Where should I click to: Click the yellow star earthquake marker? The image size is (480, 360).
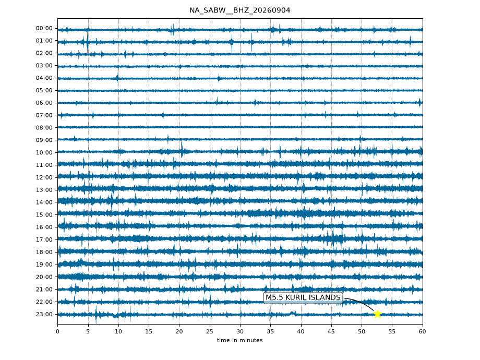click(377, 314)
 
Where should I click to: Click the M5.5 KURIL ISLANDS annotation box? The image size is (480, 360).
click(303, 297)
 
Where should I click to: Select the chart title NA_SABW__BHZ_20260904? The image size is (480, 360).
click(239, 10)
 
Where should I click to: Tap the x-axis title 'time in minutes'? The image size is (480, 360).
click(239, 340)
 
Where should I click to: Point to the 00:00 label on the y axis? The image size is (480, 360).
click(44, 28)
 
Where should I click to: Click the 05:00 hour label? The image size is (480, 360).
click(44, 90)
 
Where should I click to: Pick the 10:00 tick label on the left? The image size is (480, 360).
click(44, 152)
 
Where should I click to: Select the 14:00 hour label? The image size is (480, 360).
click(44, 202)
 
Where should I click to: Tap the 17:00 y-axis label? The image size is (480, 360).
click(44, 239)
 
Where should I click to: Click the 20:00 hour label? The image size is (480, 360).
click(44, 277)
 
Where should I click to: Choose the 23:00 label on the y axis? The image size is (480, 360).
click(44, 314)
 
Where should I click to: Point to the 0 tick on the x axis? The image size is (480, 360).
click(57, 331)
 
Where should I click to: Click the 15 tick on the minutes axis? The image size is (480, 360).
click(149, 331)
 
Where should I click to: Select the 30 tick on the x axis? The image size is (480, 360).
click(240, 331)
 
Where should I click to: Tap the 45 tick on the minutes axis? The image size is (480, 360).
click(331, 331)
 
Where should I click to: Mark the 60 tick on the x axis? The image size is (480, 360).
click(423, 331)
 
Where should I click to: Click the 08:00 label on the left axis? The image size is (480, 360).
click(44, 128)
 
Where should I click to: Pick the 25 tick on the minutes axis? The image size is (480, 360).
click(210, 331)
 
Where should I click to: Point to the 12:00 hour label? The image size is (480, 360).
click(44, 177)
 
